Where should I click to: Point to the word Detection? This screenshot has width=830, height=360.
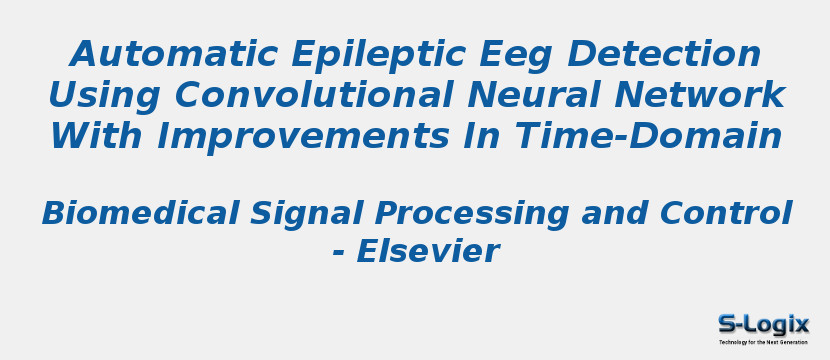click(x=663, y=53)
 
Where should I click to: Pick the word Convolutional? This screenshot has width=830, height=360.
click(x=313, y=95)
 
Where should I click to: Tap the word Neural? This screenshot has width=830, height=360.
click(x=535, y=95)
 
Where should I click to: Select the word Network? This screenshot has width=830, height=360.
click(x=700, y=95)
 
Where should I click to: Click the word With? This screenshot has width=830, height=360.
click(x=96, y=136)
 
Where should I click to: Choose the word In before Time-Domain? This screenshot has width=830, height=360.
click(x=481, y=136)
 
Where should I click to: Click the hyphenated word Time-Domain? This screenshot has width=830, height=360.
click(x=647, y=136)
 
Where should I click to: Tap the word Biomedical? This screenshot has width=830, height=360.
click(x=140, y=213)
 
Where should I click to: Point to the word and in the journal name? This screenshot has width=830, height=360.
click(x=614, y=213)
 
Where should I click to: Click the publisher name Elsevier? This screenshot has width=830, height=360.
click(x=428, y=251)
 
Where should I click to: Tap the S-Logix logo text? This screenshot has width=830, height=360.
click(x=763, y=325)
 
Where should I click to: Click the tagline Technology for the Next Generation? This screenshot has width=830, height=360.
click(x=763, y=342)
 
